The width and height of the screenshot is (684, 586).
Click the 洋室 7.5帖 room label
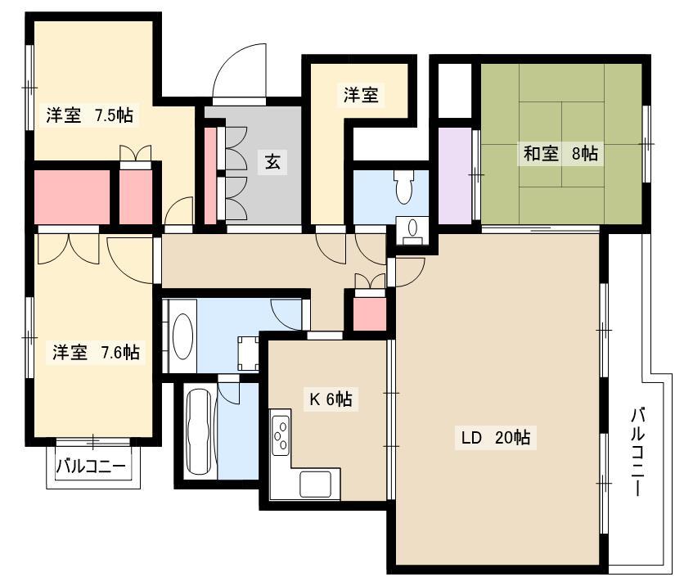click(x=90, y=115)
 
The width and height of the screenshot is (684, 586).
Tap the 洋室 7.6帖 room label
click(x=96, y=352)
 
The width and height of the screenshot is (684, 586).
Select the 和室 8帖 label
click(x=560, y=154)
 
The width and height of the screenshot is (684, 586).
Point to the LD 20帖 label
click(x=496, y=437)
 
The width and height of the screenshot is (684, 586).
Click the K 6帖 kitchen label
click(x=331, y=399)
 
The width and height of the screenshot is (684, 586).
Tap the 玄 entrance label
click(x=272, y=162)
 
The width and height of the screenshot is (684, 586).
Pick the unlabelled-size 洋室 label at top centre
click(x=361, y=95)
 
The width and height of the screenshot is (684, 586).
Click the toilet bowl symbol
click(x=403, y=187)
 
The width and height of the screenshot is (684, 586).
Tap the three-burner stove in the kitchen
click(x=281, y=432)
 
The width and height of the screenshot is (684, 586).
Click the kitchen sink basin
click(x=315, y=484)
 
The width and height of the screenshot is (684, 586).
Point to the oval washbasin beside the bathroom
click(x=183, y=336)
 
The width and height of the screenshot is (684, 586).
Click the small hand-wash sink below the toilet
click(x=412, y=228)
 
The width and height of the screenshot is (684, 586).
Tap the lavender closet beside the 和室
click(x=455, y=175)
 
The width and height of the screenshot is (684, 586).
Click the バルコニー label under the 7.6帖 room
click(x=90, y=467)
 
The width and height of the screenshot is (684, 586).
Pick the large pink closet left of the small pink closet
click(x=72, y=196)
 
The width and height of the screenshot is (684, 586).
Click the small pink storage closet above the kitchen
click(x=370, y=314)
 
